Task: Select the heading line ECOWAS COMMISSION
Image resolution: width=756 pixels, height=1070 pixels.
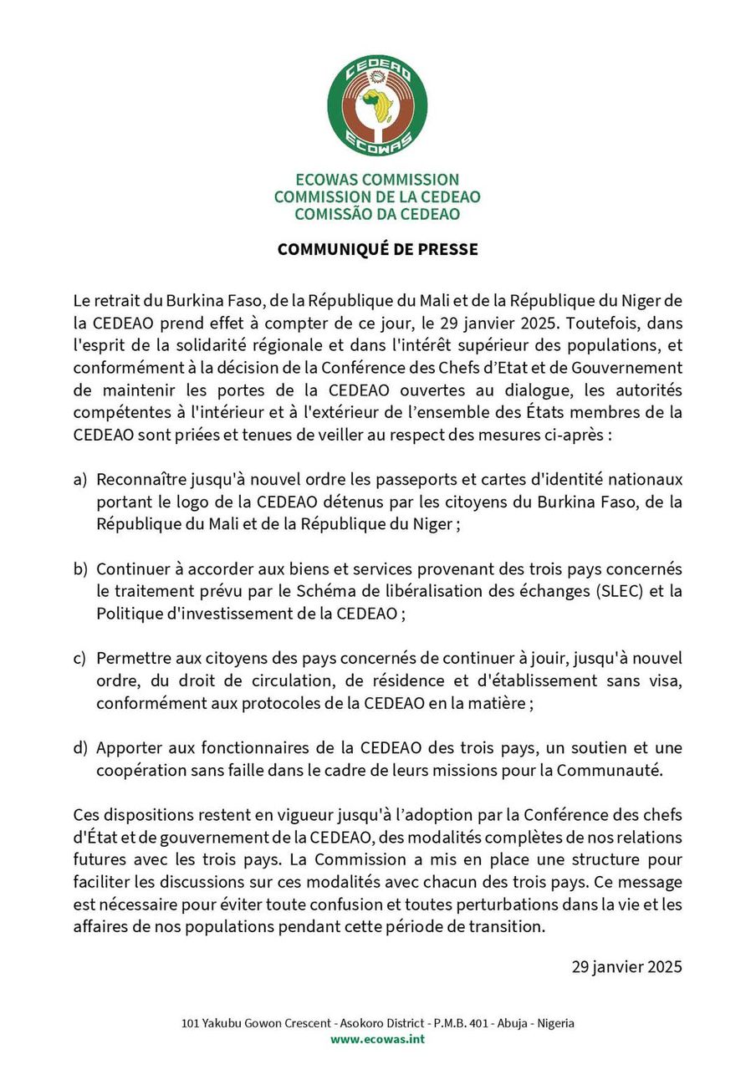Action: (x=377, y=180)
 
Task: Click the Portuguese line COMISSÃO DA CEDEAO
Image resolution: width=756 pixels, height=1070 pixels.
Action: (x=377, y=214)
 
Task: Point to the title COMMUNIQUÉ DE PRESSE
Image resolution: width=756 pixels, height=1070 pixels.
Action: (x=377, y=249)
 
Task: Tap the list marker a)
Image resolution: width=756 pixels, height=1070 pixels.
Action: (x=80, y=480)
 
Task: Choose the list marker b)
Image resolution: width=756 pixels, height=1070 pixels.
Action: (x=80, y=569)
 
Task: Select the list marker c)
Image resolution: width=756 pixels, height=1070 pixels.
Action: (x=80, y=659)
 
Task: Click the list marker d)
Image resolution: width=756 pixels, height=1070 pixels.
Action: (x=80, y=748)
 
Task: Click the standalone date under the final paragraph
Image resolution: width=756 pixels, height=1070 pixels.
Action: (x=626, y=967)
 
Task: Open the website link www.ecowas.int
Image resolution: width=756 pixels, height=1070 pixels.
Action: (x=377, y=1039)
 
